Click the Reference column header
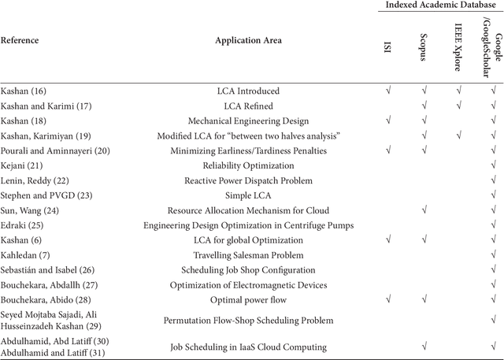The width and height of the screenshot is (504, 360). (x=20, y=40)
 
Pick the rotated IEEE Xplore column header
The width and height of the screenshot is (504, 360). (x=459, y=43)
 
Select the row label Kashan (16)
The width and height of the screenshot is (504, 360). (x=23, y=91)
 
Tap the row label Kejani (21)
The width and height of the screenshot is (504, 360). (x=21, y=166)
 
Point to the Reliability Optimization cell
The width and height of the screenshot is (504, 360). (x=247, y=166)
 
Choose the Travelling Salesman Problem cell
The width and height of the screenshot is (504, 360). (x=247, y=255)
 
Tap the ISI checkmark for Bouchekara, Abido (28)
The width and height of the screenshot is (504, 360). (x=387, y=300)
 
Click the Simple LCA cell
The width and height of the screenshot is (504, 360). (x=247, y=196)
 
